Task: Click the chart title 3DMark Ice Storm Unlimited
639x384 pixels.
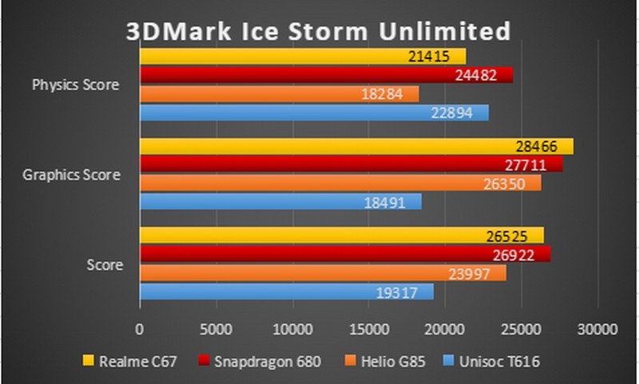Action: coord(319,31)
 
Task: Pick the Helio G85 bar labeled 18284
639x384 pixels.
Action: coord(279,94)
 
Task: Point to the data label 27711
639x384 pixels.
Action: coord(531,164)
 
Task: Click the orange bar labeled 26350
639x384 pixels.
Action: coord(340,183)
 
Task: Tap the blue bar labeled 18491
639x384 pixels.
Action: coord(280,202)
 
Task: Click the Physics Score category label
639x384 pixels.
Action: coord(76,85)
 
